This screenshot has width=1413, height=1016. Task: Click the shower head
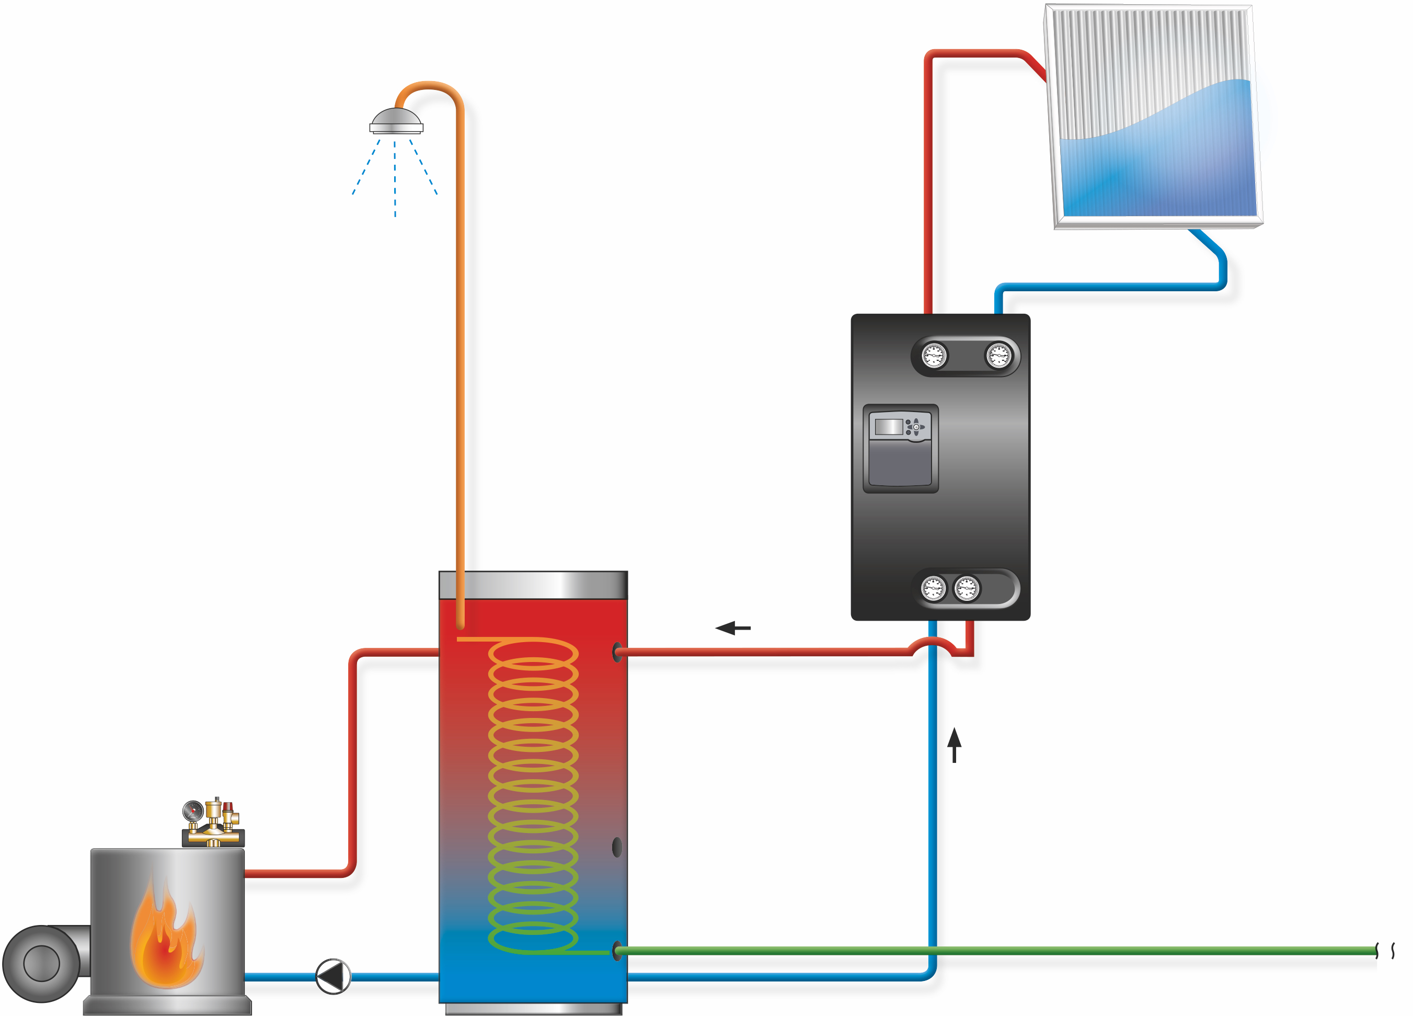click(396, 121)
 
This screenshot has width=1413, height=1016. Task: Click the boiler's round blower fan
click(41, 963)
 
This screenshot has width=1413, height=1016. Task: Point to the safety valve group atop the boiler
click(212, 822)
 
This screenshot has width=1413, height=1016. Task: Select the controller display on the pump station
click(889, 427)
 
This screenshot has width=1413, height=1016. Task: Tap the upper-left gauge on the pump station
click(934, 356)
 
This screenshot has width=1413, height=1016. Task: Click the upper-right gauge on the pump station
click(998, 356)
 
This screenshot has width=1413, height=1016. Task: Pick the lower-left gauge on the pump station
click(933, 588)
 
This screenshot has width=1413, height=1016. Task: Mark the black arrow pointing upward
click(954, 745)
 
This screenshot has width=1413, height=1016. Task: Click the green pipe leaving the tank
click(997, 951)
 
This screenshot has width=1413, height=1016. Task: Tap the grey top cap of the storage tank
click(533, 585)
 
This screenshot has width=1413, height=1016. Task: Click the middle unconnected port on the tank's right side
click(617, 847)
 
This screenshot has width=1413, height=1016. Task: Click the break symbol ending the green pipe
click(1385, 951)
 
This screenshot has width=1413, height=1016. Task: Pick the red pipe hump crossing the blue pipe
click(932, 642)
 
